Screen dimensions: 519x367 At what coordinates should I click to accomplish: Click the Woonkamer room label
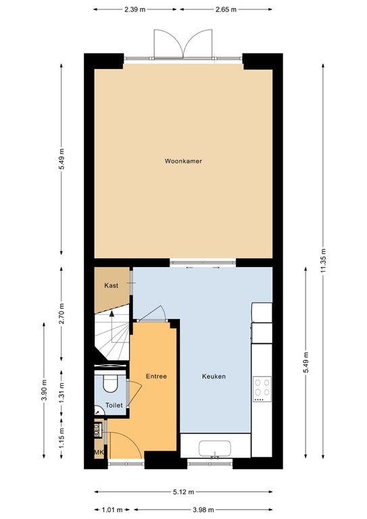184,162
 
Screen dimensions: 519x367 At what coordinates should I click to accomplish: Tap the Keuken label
214,376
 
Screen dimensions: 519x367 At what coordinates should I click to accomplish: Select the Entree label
156,376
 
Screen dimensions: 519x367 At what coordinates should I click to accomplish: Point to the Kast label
111,286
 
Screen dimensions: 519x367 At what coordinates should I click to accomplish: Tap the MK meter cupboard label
98,452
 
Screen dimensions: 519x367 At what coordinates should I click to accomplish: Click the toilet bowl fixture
109,384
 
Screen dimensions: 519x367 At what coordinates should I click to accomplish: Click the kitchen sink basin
216,449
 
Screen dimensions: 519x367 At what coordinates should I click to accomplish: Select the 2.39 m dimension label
135,10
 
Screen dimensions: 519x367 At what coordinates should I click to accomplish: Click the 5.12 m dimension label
184,492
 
